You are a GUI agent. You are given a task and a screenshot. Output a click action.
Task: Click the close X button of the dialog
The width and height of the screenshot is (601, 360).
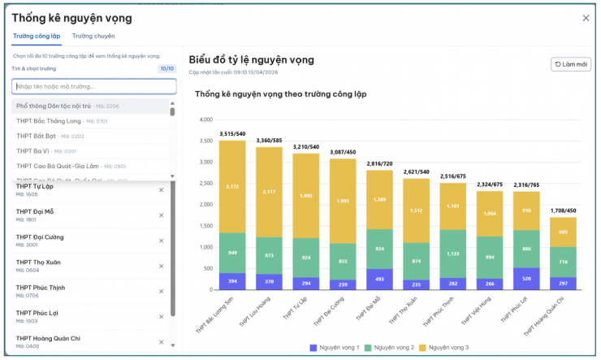coord(586,18)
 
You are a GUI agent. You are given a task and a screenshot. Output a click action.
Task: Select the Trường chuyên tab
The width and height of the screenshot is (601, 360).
coord(93,37)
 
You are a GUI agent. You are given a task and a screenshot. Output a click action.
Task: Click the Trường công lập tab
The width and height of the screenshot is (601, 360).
coord(37,37)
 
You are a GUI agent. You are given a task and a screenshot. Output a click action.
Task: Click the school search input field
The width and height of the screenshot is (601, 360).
coord(93,86)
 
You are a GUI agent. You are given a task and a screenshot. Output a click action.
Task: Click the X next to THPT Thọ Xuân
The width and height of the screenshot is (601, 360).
coord(161,266)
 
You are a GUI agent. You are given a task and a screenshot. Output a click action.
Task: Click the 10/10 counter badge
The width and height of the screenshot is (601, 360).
coord(166,69)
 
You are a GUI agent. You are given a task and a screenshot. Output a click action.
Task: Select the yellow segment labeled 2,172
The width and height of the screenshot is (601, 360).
coord(232,187)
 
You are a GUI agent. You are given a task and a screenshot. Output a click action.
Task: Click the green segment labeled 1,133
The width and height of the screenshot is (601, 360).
coord(452,254)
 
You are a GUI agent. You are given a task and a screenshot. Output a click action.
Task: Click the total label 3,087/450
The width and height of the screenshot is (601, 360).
coord(342,152)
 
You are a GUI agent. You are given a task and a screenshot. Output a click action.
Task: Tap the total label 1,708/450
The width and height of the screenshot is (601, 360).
coord(563,210)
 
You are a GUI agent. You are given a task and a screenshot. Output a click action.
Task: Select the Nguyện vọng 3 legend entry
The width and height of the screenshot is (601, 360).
coord(447,348)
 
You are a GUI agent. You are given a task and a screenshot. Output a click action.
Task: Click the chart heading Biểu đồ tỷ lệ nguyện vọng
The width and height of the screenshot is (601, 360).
coord(251,59)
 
